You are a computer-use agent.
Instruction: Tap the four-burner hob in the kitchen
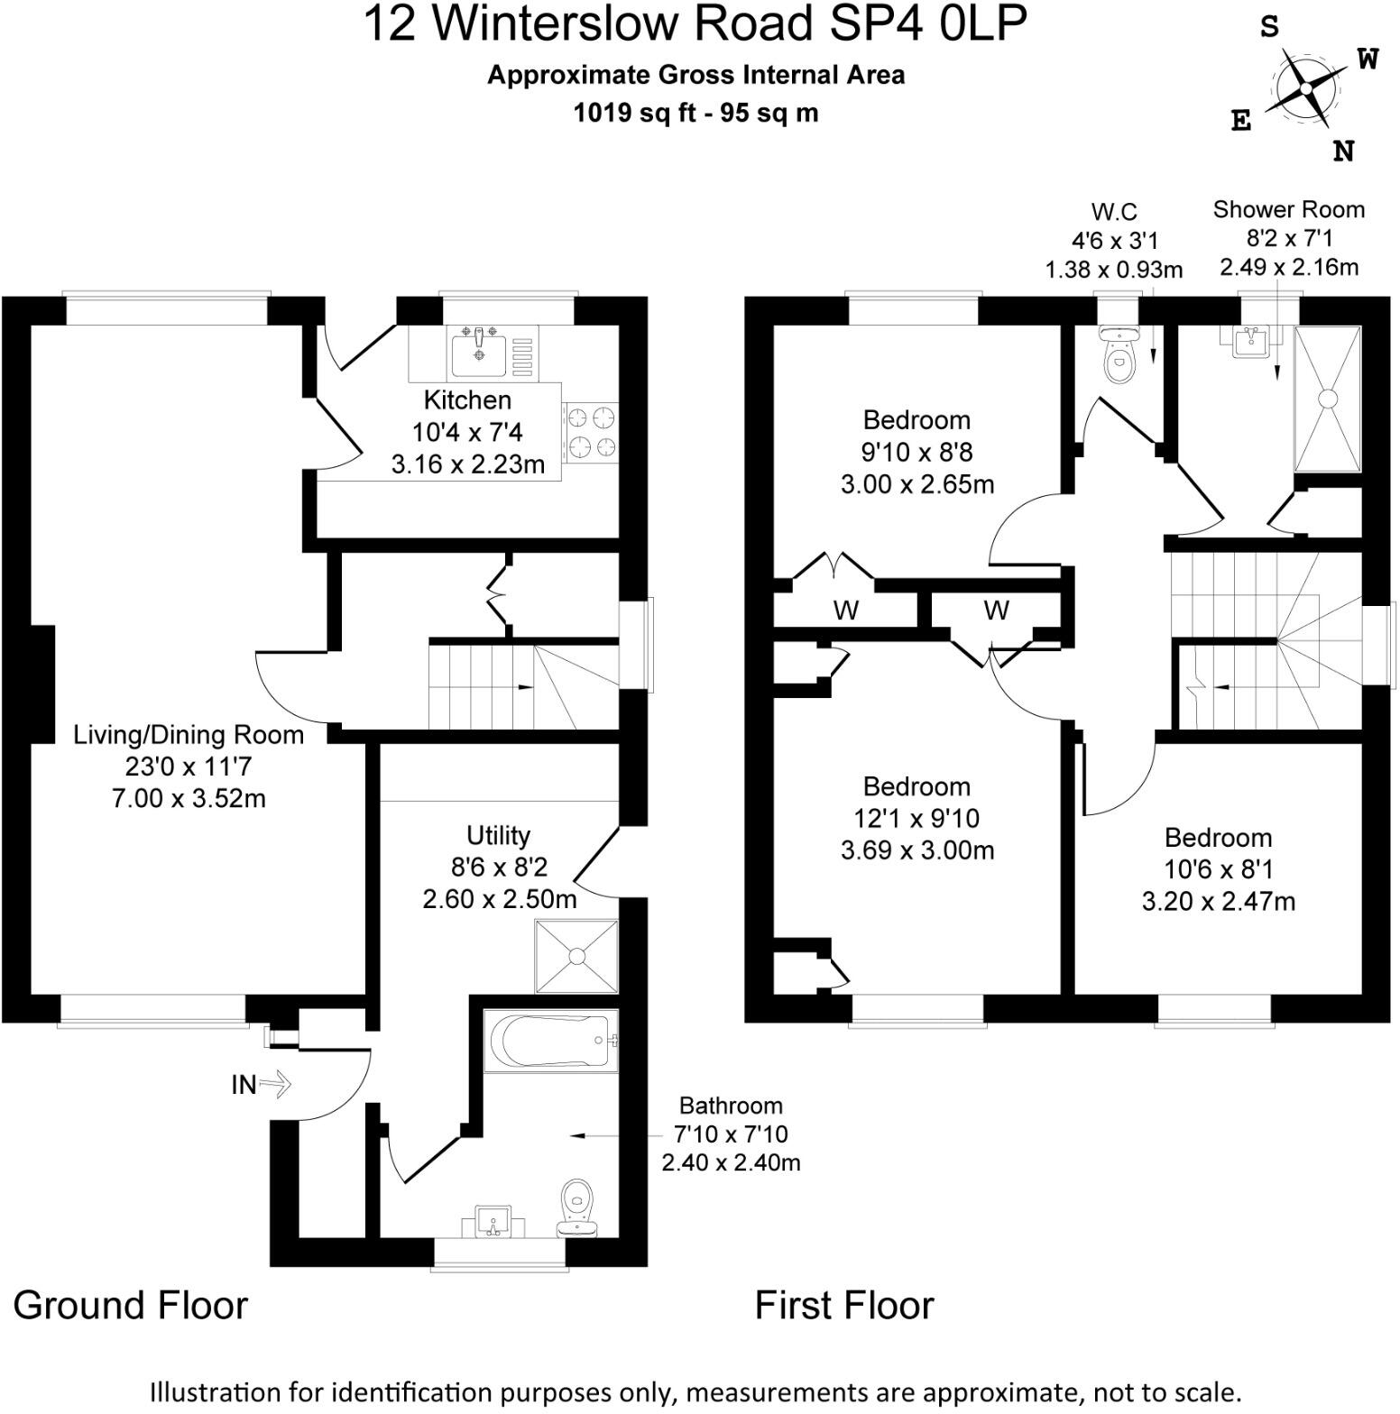pyautogui.click(x=590, y=433)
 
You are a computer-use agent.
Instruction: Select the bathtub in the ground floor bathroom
pyautogui.click(x=550, y=1041)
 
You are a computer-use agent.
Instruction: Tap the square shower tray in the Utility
pyautogui.click(x=576, y=956)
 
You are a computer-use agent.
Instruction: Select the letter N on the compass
pyautogui.click(x=1344, y=151)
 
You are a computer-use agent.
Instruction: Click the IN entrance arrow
pyautogui.click(x=276, y=1083)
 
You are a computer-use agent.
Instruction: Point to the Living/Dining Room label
pyautogui.click(x=189, y=735)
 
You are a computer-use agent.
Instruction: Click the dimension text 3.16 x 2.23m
pyautogui.click(x=467, y=464)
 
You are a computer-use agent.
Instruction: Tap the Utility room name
pyautogui.click(x=498, y=835)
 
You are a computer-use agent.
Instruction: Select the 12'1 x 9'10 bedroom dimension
pyautogui.click(x=916, y=819)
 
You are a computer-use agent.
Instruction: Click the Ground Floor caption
pyautogui.click(x=131, y=1305)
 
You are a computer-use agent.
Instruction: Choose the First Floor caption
pyautogui.click(x=843, y=1305)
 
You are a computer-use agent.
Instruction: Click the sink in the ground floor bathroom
pyautogui.click(x=493, y=1222)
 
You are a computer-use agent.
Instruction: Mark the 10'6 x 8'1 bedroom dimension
pyautogui.click(x=1217, y=869)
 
